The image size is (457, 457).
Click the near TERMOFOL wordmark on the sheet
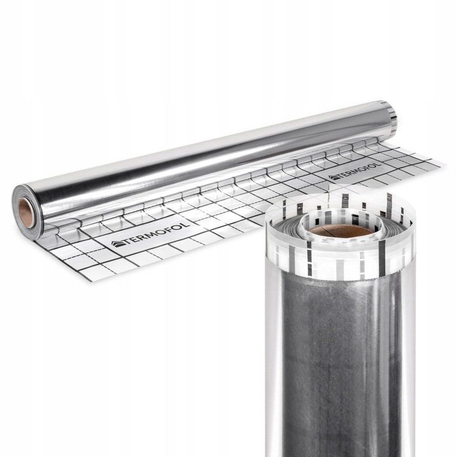(x=151, y=234)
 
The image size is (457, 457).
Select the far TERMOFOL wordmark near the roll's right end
(x=355, y=171)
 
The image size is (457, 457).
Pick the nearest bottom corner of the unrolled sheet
(x=91, y=281)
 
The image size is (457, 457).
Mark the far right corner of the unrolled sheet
(x=445, y=164)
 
